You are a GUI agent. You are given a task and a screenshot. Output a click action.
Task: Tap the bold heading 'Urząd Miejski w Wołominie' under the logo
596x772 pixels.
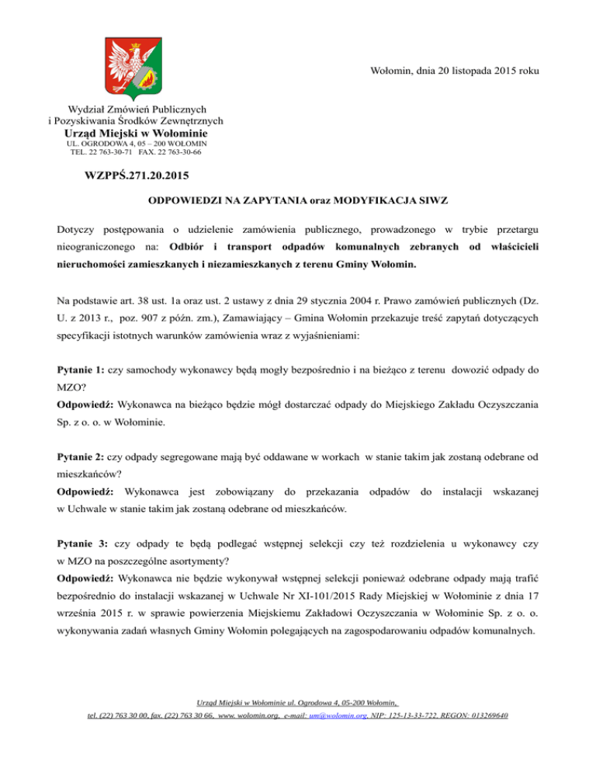click(136, 133)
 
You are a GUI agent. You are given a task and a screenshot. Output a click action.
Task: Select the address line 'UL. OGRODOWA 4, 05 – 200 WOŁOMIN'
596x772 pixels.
click(136, 144)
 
